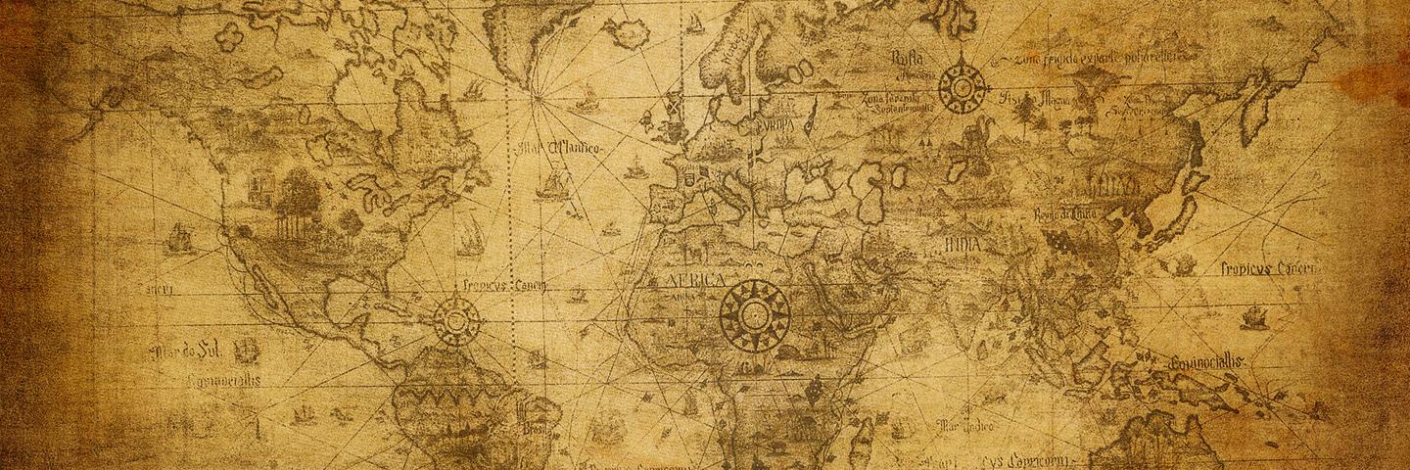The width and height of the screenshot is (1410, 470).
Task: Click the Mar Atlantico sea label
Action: pyautogui.click(x=562, y=149)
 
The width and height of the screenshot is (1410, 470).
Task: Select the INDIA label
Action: pyautogui.click(x=964, y=243)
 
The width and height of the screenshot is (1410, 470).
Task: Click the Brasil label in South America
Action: pyautogui.click(x=537, y=429)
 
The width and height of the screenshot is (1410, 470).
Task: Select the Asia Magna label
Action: pyautogui.click(x=1033, y=99)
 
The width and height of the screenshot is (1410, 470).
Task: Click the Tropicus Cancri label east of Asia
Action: pyautogui.click(x=1270, y=267)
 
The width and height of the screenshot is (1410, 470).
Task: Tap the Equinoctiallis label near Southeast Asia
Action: pyautogui.click(x=1207, y=361)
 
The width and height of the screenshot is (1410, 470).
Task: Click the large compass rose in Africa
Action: pyautogui.click(x=754, y=313)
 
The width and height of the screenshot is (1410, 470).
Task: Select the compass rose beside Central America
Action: pyautogui.click(x=456, y=319)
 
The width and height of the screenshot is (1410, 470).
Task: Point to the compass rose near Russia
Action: pyautogui.click(x=962, y=86)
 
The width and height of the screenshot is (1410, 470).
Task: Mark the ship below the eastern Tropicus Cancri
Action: pyautogui.click(x=1253, y=317)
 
